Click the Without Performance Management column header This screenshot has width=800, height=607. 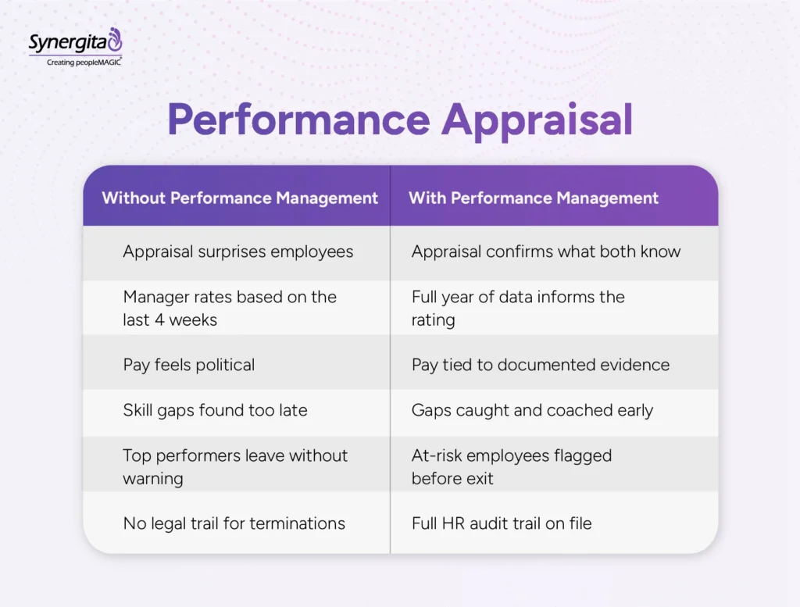(x=240, y=198)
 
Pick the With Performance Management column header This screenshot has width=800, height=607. (x=534, y=198)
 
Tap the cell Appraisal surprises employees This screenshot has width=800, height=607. (x=237, y=252)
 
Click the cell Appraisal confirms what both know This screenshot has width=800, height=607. (x=546, y=252)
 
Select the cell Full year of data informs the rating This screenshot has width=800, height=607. (x=518, y=308)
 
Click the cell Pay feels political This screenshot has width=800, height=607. (x=188, y=365)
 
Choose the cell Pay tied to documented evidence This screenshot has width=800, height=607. (x=541, y=365)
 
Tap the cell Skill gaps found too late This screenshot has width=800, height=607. (x=215, y=410)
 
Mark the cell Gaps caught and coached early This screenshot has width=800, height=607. (x=532, y=410)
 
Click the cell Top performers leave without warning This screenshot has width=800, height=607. (x=235, y=466)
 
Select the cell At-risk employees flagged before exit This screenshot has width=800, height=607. (x=512, y=466)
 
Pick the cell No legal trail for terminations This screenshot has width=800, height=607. (x=234, y=523)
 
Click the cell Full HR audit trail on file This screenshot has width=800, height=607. (x=502, y=523)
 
